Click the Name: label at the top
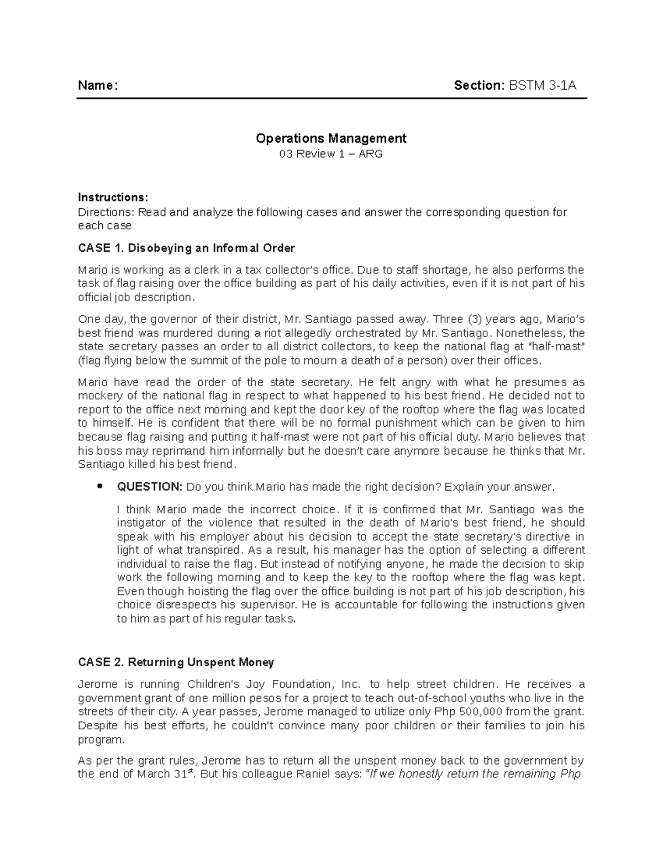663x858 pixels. click(97, 86)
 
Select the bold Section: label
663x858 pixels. click(479, 86)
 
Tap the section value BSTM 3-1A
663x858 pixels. click(543, 86)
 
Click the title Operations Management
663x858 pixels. click(331, 138)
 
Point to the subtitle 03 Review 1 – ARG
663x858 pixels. click(331, 154)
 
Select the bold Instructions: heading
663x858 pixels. click(113, 197)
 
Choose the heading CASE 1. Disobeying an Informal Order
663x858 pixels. click(186, 248)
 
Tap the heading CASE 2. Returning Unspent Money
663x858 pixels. click(176, 662)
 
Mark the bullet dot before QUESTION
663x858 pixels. click(99, 487)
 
